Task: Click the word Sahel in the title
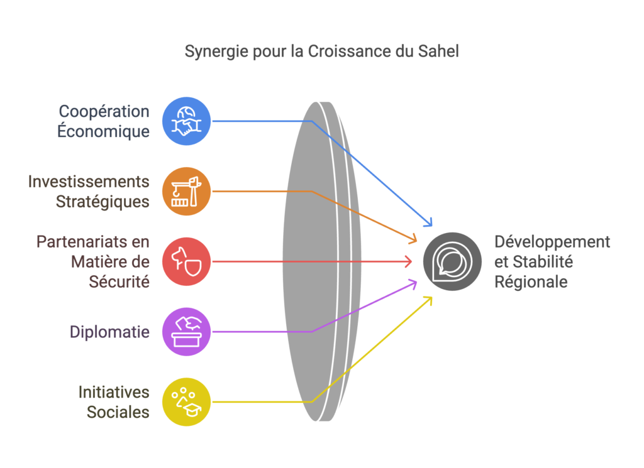438,52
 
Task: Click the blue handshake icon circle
186,121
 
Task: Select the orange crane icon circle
186,191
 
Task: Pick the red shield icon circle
186,261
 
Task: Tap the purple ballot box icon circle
186,332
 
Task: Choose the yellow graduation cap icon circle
186,401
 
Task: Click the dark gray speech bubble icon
452,261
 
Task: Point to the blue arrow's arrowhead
428,222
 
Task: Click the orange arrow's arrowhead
413,239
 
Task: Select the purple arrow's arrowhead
413,284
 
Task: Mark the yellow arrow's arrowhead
428,301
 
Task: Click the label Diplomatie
109,332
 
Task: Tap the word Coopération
104,112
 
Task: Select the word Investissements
88,182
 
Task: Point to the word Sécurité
119,282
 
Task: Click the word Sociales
118,412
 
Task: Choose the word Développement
552,242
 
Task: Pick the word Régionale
531,283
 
